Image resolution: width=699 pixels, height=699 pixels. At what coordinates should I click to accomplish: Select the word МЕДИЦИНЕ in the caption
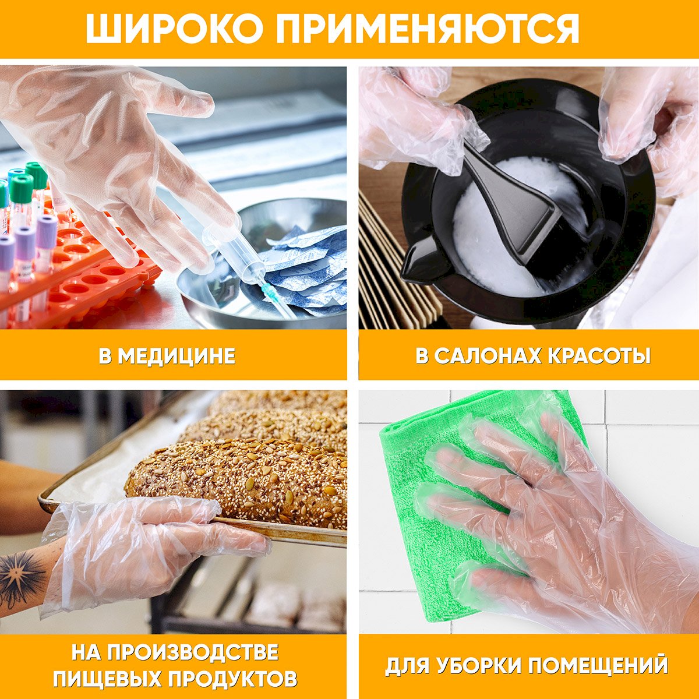[x=176, y=356]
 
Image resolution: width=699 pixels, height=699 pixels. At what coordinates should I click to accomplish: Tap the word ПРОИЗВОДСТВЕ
[x=193, y=642]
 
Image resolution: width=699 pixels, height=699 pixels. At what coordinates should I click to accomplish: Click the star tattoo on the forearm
[x=22, y=577]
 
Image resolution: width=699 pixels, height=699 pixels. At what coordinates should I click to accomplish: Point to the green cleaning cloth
[x=453, y=508]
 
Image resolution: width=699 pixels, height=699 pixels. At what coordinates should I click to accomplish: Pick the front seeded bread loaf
[x=239, y=482]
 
